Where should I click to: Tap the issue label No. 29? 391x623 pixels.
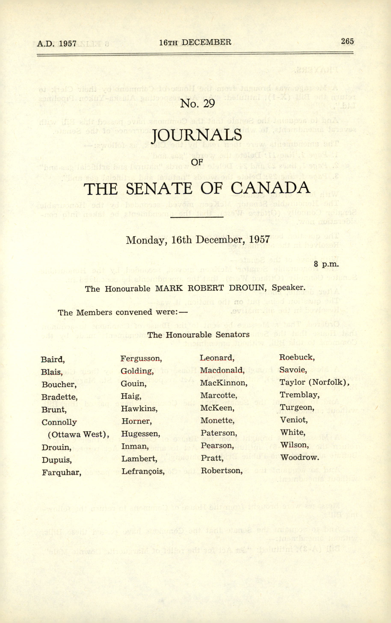pyautogui.click(x=198, y=104)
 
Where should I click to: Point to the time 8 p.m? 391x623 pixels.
pyautogui.click(x=326, y=264)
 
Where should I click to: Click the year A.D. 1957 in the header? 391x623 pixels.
pyautogui.click(x=57, y=43)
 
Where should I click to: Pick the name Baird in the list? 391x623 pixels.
pyautogui.click(x=52, y=359)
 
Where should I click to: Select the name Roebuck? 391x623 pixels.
pyautogui.click(x=297, y=357)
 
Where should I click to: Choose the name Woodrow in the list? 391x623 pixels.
pyautogui.click(x=299, y=457)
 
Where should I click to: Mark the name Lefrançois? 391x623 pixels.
pyautogui.click(x=143, y=471)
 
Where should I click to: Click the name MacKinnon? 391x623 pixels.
pyautogui.click(x=224, y=383)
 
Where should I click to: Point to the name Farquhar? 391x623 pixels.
pyautogui.click(x=61, y=472)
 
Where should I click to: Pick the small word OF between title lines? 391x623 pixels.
pyautogui.click(x=197, y=162)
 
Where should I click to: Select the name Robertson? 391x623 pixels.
pyautogui.click(x=222, y=470)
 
